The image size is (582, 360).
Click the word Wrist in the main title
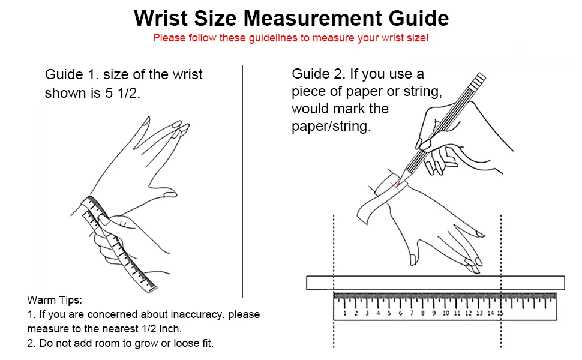(161, 18)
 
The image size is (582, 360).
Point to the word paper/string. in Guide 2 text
(331, 126)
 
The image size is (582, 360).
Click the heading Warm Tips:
(55, 300)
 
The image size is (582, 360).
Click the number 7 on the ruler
(411, 313)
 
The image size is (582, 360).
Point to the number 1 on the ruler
(345, 313)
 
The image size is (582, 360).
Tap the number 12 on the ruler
(469, 313)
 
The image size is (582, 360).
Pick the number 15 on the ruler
(500, 313)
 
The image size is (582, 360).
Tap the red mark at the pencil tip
(397, 184)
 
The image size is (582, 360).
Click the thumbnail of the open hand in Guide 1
(170, 193)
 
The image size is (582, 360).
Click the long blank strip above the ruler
(436, 283)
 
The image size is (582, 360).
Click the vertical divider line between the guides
(243, 181)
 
